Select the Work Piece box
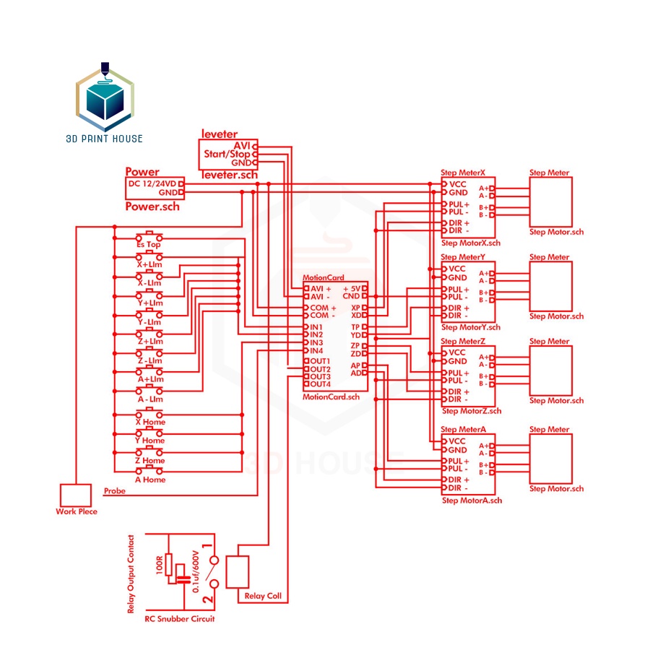point(75,495)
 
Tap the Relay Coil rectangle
point(238,572)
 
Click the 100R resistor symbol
point(168,564)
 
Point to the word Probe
point(115,491)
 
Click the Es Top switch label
point(149,245)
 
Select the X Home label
point(150,422)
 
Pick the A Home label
point(150,480)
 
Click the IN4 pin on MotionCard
point(316,350)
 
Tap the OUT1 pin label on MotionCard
point(320,361)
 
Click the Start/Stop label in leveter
point(227,155)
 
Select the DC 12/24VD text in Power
point(153,183)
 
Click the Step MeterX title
point(463,173)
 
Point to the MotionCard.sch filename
point(331,396)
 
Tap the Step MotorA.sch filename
point(472,500)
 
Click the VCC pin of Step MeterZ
point(457,352)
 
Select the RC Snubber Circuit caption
point(179,619)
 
